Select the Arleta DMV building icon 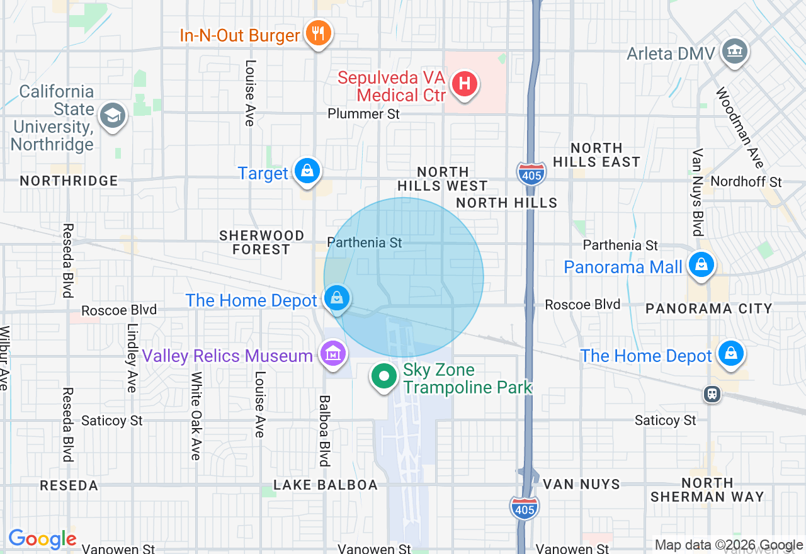coord(734,51)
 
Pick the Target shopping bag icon coord(307,171)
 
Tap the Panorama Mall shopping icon coord(700,265)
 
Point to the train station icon coord(712,394)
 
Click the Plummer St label coord(364,114)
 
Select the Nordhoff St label coord(746,182)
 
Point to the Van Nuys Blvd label coord(697,192)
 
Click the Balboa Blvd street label coord(325,431)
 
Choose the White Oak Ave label coord(196,415)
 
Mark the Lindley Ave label coord(132,358)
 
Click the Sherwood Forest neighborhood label coord(261,242)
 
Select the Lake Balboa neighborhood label coord(325,485)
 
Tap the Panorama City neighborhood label coord(708,308)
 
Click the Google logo coord(42,539)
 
